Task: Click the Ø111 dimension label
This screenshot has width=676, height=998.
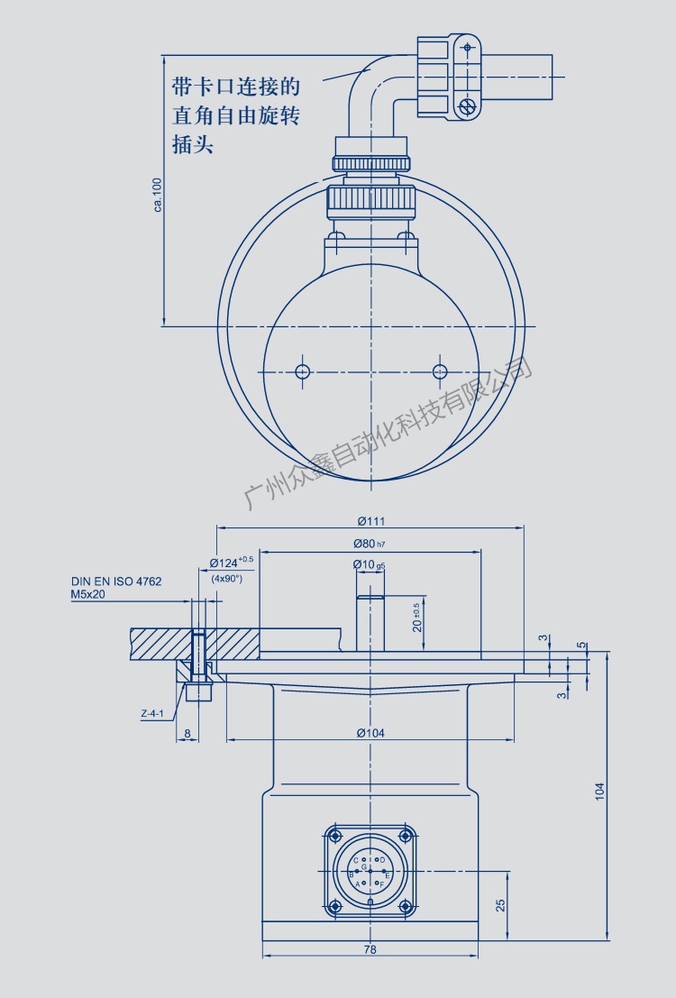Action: [x=370, y=521]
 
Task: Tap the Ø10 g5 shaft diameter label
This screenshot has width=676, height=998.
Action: [x=370, y=565]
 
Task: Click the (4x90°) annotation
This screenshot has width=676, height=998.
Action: [x=226, y=579]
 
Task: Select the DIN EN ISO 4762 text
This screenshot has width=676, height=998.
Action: [x=116, y=582]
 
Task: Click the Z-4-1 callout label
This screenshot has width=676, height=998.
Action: [x=152, y=714]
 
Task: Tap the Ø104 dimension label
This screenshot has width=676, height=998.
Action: [x=370, y=733]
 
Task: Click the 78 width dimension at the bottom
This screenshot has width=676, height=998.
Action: [x=370, y=949]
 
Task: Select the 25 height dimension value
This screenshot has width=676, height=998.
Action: [x=501, y=905]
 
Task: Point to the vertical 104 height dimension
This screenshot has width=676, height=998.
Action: [x=600, y=791]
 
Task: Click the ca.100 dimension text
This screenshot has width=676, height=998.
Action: [x=158, y=195]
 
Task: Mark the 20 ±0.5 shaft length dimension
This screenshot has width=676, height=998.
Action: [x=416, y=618]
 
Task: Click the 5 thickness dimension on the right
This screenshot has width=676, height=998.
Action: [x=581, y=645]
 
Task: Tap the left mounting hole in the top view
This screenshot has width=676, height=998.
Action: [x=302, y=371]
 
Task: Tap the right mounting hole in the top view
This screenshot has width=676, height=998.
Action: [x=440, y=371]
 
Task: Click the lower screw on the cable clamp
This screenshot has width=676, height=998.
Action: [x=467, y=107]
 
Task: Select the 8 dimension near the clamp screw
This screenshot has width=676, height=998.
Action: [x=187, y=734]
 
